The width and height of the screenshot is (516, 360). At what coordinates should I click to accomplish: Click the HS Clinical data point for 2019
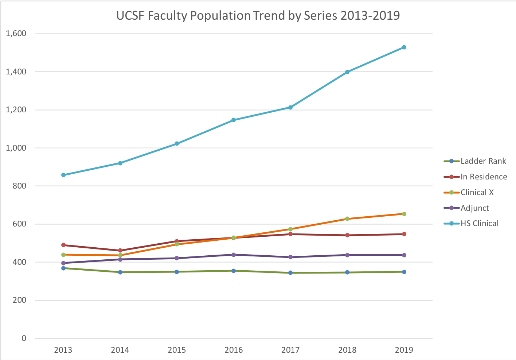point(404,47)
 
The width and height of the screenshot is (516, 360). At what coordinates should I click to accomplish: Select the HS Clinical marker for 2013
point(63,175)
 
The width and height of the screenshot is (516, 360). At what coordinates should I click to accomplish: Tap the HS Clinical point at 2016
point(234,120)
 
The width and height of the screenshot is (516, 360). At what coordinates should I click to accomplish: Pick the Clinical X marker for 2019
point(404,214)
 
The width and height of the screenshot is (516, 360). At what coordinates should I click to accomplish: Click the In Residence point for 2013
point(63,245)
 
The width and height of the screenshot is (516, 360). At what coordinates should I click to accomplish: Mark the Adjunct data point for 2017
point(290,257)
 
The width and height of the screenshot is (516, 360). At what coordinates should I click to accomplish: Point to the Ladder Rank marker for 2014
point(120,272)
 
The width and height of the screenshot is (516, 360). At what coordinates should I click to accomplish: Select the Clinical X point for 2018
point(347,219)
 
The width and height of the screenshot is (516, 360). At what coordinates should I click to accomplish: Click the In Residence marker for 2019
point(404,234)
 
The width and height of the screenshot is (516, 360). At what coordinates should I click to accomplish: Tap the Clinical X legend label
point(477,193)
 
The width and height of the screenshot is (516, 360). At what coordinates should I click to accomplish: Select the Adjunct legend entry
point(474,208)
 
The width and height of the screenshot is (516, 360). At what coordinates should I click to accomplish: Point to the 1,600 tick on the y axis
point(16,34)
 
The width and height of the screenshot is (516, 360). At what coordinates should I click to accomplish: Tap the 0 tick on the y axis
point(24,338)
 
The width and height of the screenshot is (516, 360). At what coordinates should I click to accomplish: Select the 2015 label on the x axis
point(177,350)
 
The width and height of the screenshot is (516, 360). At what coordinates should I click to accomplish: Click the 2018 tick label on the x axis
point(347,350)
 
